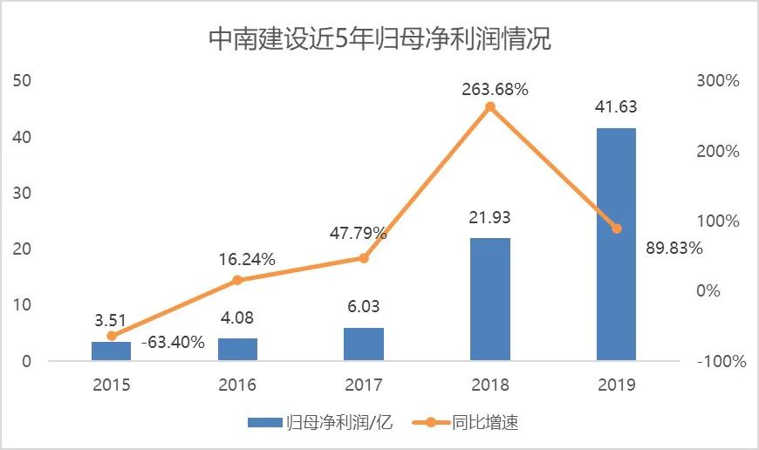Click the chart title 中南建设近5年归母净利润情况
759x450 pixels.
(379, 39)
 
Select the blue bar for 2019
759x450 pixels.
(616, 244)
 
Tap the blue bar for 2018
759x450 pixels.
(490, 299)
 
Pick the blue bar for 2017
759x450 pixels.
(364, 344)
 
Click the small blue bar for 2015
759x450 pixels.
(112, 351)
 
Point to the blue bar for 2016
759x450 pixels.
(237, 349)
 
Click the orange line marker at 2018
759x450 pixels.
(490, 107)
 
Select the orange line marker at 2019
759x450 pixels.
(616, 228)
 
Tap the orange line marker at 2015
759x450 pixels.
(112, 336)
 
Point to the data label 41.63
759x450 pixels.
(616, 108)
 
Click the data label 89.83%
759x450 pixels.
(674, 248)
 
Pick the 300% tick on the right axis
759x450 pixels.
(717, 80)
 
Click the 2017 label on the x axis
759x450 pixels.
(364, 384)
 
